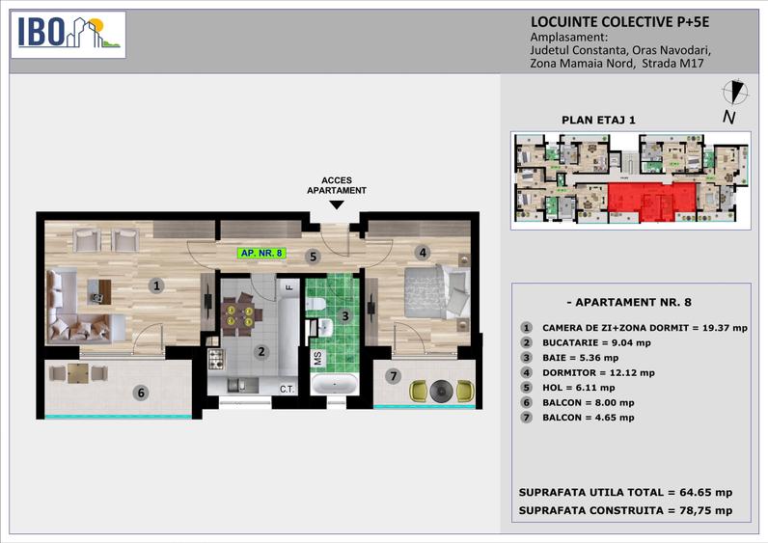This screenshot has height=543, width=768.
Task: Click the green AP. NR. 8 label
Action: (262, 254)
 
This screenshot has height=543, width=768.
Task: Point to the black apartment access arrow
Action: (335, 204)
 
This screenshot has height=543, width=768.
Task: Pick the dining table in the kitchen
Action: (237, 315)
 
